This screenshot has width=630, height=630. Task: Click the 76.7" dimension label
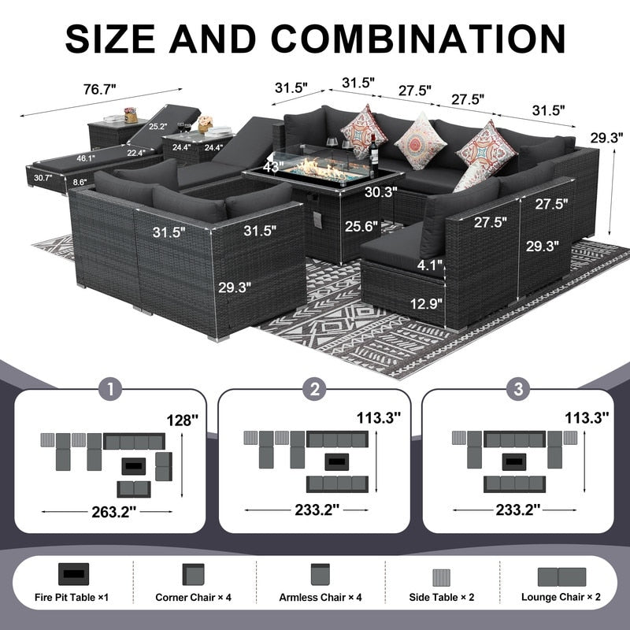coord(99,89)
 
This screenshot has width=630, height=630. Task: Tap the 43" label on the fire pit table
coord(273,166)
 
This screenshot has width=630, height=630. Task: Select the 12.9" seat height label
coord(426,303)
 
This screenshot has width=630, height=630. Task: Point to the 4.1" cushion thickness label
coord(429,265)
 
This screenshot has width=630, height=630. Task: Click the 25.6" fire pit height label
coord(361,226)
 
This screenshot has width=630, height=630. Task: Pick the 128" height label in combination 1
coord(183,421)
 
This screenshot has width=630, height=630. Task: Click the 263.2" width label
coord(113,512)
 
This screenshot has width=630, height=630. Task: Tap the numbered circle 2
coord(314,389)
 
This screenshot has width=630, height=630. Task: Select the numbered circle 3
coord(518,389)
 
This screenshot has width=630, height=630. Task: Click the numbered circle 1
coord(110,389)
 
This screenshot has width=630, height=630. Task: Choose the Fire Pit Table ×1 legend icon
coord(73,574)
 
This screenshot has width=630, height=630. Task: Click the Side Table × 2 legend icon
coord(441,577)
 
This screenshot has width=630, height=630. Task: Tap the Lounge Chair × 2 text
coord(561,597)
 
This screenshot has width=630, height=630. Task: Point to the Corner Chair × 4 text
coord(193,598)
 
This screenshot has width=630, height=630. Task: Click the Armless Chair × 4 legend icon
coord(321,574)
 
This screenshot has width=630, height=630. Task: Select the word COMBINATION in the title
coord(418,39)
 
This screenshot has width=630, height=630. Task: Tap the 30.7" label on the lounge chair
coord(43,178)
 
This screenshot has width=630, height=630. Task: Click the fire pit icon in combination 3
coord(514,461)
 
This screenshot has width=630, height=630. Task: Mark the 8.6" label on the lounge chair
coord(80,182)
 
